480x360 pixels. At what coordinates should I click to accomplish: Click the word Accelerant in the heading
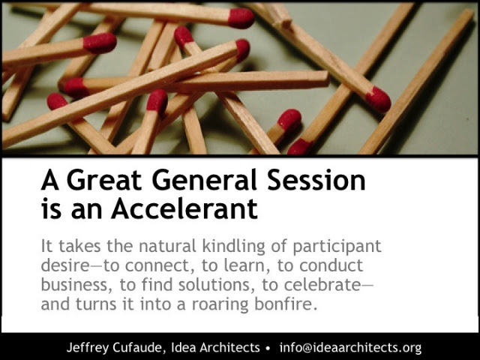[x=184, y=209]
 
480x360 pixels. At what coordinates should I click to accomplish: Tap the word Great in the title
[x=104, y=180]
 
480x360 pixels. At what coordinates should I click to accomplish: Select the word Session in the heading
[x=316, y=180]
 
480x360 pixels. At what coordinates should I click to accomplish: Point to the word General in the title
[x=204, y=180]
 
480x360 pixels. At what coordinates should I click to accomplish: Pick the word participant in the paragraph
[x=337, y=247]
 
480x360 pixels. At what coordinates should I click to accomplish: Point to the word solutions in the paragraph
[x=214, y=285]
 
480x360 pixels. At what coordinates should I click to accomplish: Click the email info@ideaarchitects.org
[x=350, y=348]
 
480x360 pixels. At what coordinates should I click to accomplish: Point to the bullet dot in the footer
[x=268, y=348]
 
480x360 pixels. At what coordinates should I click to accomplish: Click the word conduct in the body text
[x=331, y=265]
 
